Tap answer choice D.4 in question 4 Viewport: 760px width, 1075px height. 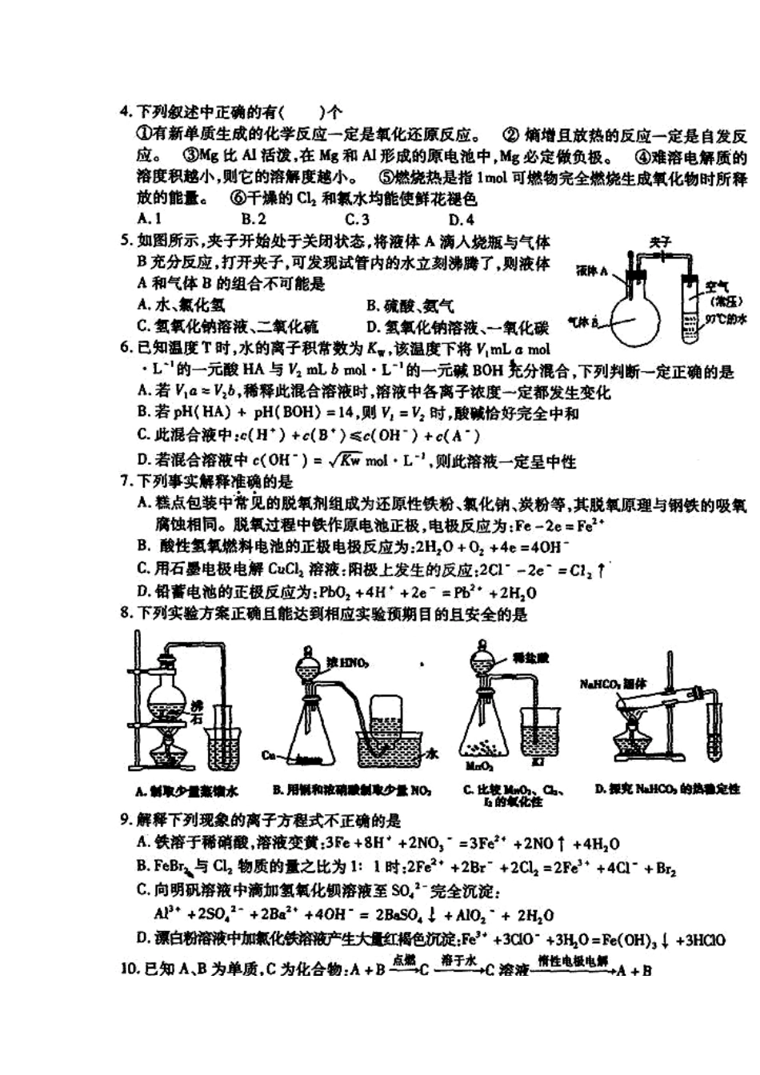tap(461, 219)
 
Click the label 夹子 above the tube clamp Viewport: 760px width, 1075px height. tap(660, 241)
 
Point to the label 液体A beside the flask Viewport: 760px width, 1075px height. tap(592, 271)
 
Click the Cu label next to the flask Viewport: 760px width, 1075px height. tap(269, 754)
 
